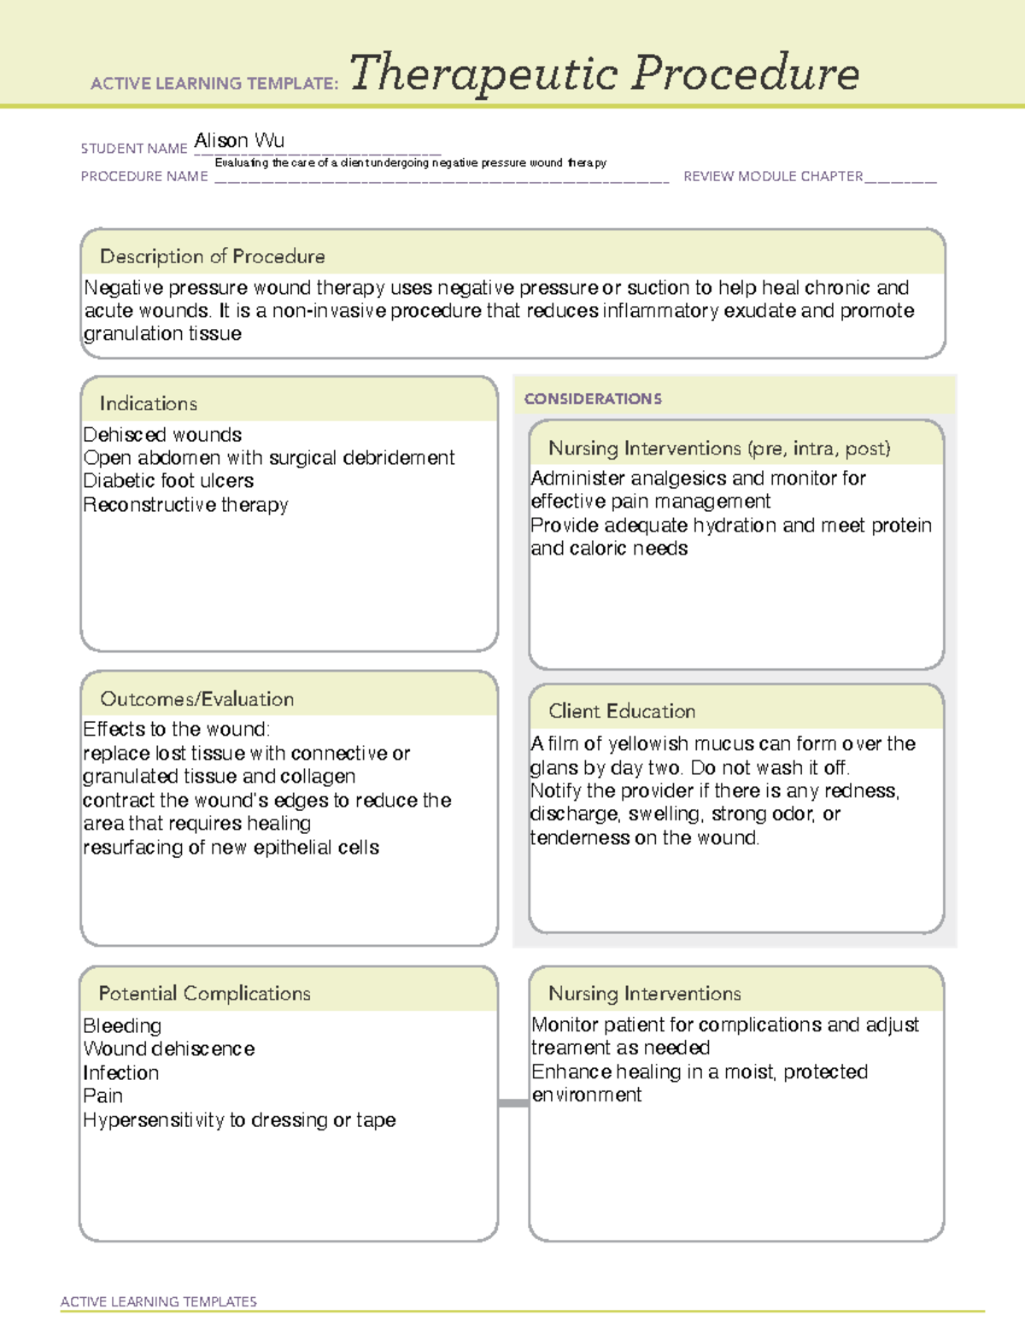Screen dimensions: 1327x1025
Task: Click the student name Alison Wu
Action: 239,140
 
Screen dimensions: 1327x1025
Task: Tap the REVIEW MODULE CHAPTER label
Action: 773,176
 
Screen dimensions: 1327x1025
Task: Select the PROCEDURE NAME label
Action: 144,176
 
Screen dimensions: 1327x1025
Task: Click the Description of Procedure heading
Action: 212,256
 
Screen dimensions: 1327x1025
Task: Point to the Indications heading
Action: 148,403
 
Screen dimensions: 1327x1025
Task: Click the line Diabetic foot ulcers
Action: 168,481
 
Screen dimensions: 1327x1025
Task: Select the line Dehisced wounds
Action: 162,435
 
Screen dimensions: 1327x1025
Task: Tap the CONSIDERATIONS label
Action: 593,399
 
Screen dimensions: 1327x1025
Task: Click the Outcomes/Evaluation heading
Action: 196,699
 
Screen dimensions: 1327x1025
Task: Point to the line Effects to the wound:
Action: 176,730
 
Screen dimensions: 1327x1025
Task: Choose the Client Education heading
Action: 622,711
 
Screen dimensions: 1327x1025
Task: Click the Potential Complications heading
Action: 204,994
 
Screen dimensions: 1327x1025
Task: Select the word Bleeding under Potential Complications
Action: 122,1025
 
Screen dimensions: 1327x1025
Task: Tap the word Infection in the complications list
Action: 120,1073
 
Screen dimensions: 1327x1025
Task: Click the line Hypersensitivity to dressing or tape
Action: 239,1120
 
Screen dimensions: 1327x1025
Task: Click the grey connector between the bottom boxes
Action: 513,1103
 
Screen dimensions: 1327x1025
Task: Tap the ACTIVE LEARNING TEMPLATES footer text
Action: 158,1301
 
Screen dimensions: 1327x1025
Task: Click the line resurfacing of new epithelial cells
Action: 231,848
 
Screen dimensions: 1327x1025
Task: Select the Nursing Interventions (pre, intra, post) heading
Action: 719,449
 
